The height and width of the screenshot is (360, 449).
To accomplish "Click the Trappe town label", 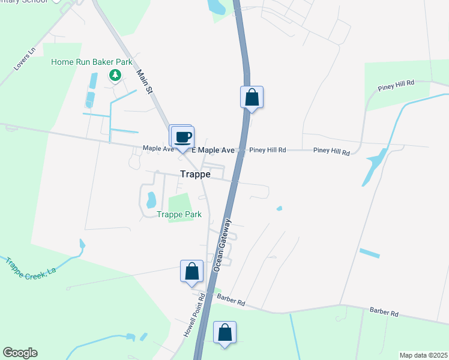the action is [195, 174].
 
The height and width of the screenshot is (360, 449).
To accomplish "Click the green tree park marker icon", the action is [115, 75].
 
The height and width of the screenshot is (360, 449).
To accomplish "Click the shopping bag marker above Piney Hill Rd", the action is [252, 97].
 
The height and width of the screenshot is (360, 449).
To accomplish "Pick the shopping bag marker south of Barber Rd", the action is [224, 332].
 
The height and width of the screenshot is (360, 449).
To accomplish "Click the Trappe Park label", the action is [179, 214].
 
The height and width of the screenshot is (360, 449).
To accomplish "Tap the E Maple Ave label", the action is [214, 149].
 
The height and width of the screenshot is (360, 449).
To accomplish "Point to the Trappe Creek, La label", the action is [31, 266].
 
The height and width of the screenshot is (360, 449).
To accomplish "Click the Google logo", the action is [20, 353].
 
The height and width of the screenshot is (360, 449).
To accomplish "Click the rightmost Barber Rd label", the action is [384, 313].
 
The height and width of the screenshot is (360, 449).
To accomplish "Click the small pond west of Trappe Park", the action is [151, 199].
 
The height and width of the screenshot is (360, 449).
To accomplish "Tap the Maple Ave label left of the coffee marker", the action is [157, 148].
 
